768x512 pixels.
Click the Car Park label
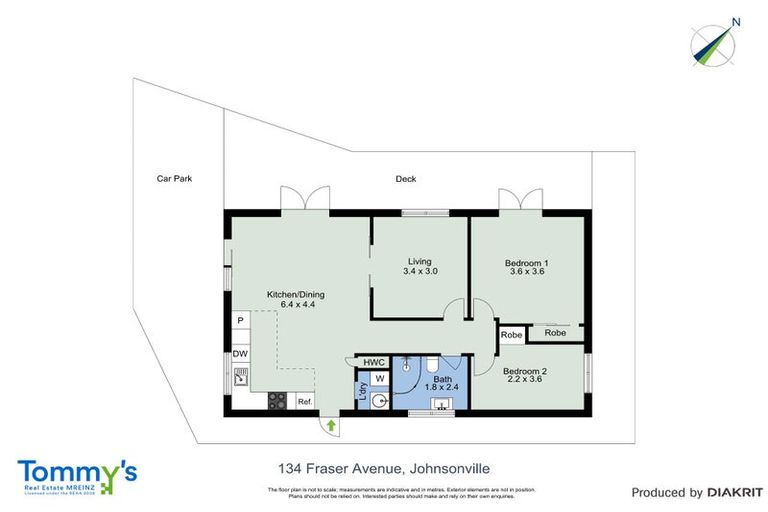point(174,179)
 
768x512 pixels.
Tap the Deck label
point(405,179)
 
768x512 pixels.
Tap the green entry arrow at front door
point(331,426)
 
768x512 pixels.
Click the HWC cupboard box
point(374,362)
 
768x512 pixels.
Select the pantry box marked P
point(240,320)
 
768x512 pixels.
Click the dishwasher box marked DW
point(240,354)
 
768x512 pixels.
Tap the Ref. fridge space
point(304,402)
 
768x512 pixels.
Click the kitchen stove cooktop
point(277,402)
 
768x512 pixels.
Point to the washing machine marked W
point(381,379)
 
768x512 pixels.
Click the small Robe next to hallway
point(511,334)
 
